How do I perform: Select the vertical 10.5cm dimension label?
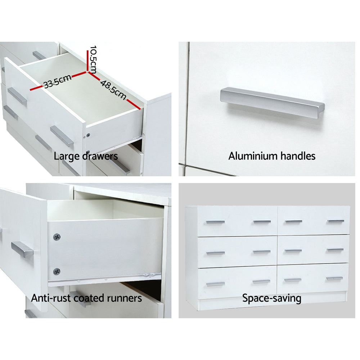coord(93,59)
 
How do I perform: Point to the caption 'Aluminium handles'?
coord(272,156)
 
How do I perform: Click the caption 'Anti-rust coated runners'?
coord(86,298)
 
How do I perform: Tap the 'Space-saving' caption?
coord(271,298)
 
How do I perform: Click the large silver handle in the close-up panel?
coord(272,102)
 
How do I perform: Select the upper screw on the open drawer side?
coord(57,237)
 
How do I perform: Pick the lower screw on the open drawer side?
coord(57,271)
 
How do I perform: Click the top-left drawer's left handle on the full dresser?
coord(215,222)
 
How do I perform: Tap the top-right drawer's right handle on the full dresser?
coord(336,221)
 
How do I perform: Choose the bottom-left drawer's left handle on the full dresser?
coord(215,284)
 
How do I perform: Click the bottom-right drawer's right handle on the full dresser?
coord(334,278)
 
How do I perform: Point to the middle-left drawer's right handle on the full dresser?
coord(262,252)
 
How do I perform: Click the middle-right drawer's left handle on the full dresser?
coord(293,251)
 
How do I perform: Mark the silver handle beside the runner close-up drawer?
coord(22,249)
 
